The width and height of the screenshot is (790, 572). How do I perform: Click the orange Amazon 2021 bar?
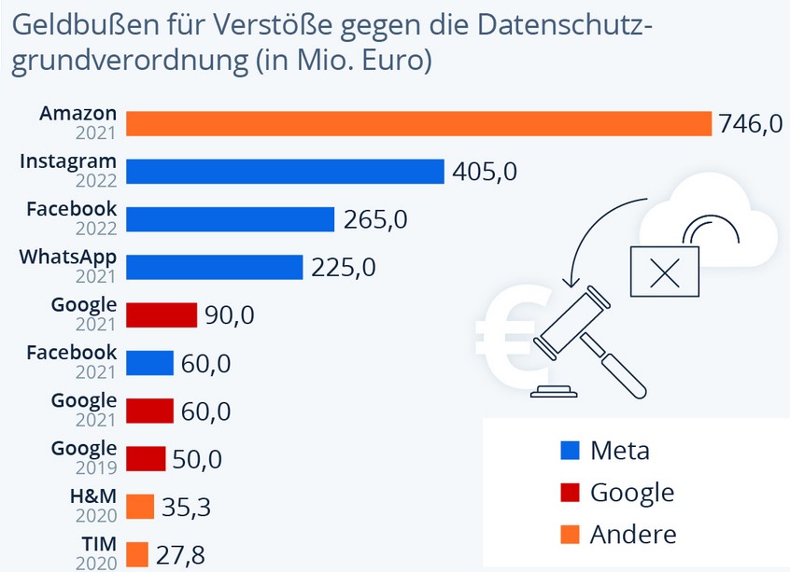pyautogui.click(x=418, y=124)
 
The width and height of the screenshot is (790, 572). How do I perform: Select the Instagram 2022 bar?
pyautogui.click(x=284, y=172)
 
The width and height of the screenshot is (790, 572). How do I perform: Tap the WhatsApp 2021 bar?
pyautogui.click(x=214, y=267)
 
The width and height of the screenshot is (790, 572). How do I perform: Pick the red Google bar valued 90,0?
pyautogui.click(x=161, y=314)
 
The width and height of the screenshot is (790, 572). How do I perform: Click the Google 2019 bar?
pyautogui.click(x=145, y=459)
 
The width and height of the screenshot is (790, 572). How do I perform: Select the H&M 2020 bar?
pyautogui.click(x=139, y=507)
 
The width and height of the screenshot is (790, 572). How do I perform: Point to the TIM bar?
pyautogui.click(x=136, y=554)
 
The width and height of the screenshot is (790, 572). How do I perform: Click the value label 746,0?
pyautogui.click(x=750, y=124)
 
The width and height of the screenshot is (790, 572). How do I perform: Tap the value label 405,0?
pyautogui.click(x=484, y=172)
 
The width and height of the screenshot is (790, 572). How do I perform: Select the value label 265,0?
pyautogui.click(x=374, y=219)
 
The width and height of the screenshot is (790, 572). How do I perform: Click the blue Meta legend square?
pyautogui.click(x=569, y=451)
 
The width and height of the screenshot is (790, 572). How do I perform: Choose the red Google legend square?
pyautogui.click(x=569, y=493)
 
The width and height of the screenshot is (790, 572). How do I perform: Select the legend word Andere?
pyautogui.click(x=632, y=534)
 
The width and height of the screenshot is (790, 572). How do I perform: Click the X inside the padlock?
pyautogui.click(x=664, y=273)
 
